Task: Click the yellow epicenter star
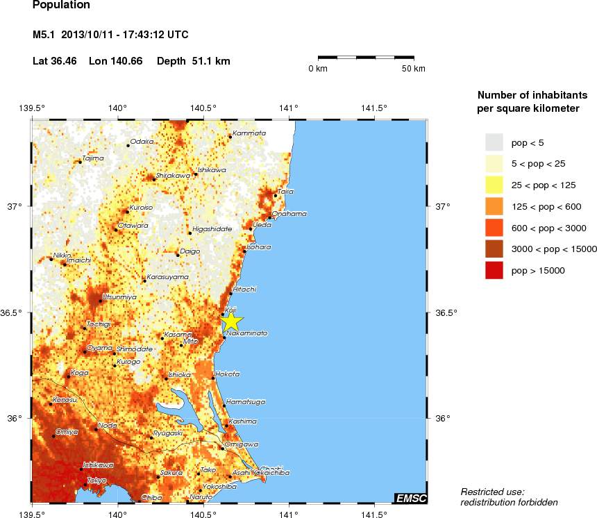pos(233,321)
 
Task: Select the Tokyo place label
pos(96,481)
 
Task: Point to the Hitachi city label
pos(245,289)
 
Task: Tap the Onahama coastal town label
pos(289,213)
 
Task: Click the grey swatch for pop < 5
pos(494,142)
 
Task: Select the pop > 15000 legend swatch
pos(494,271)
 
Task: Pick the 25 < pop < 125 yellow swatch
pos(494,185)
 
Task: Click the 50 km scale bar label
pos(414,69)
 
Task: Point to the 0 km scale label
pos(318,69)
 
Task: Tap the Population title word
pos(61,6)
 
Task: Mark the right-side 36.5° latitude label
pos(446,313)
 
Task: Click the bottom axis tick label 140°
pos(117,515)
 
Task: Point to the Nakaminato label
pos(247,333)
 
